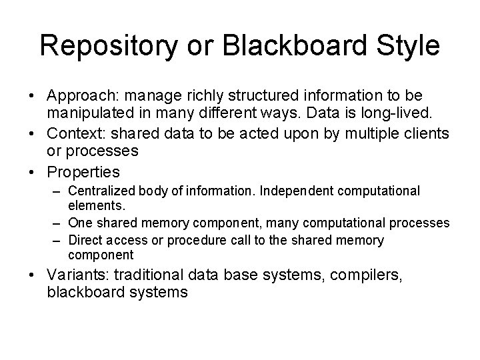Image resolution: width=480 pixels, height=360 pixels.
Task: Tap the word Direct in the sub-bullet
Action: click(x=85, y=241)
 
